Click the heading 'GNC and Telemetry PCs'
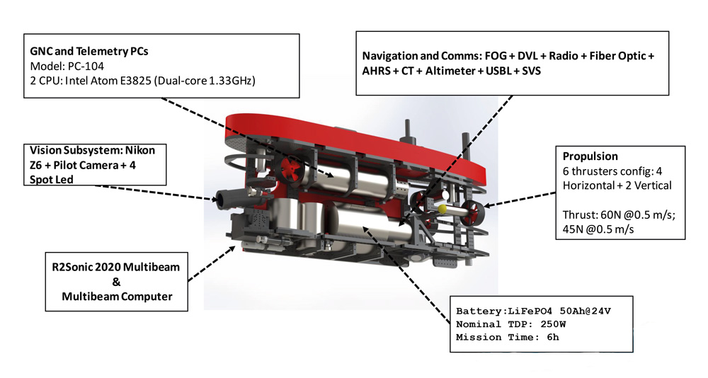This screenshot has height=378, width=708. coord(89,51)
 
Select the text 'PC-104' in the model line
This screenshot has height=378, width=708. coord(86,66)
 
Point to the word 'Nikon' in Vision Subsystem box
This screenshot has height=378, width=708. coord(140,150)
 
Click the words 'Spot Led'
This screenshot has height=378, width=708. coord(52,179)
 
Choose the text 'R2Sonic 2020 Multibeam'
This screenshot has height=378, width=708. coord(116,267)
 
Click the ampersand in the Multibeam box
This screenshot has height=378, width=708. coord(117,282)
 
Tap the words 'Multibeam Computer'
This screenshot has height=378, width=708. coord(117,297)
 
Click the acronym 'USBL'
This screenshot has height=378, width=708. coord(498,71)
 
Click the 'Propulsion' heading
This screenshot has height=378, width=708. coord(590,156)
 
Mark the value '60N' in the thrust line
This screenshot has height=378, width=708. coord(610,215)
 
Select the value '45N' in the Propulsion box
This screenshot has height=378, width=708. coord(572,229)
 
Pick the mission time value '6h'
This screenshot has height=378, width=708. coord(553,338)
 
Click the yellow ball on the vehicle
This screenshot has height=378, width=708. coord(442,208)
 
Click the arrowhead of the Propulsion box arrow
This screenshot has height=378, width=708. coord(488,205)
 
